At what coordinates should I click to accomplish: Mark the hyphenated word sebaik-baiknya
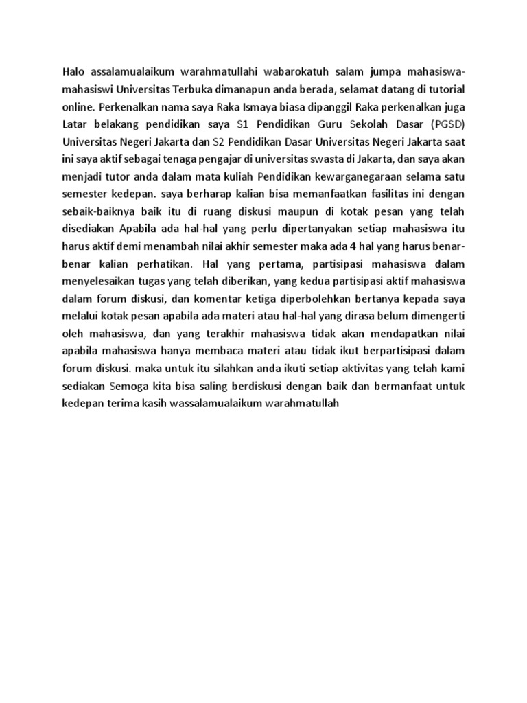tap(96, 214)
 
